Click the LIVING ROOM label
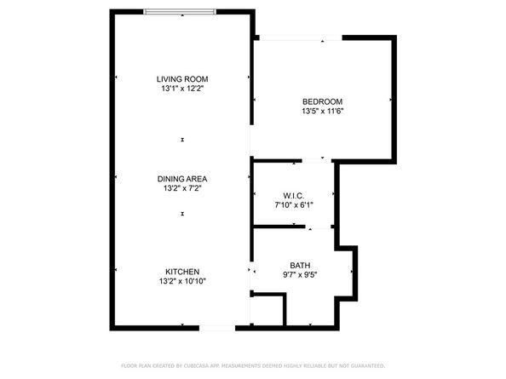pos(181,78)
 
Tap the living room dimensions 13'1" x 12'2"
pos(181,88)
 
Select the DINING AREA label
pos(182,179)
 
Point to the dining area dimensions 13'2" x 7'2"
pos(182,188)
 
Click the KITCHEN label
pos(182,272)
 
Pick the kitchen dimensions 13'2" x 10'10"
pos(182,281)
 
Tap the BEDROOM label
pos(322,100)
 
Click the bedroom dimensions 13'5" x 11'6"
pos(322,110)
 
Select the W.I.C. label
pos(294,195)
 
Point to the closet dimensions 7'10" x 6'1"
pos(294,204)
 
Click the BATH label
pos(300,265)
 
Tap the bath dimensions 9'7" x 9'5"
pos(300,274)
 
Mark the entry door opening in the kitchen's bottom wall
pos(217,328)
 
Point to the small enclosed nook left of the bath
pos(267,309)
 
